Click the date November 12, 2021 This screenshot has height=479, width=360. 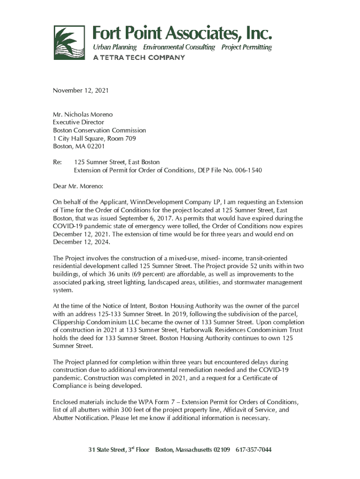pos(80,90)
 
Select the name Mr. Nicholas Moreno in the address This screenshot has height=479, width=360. pos(83,115)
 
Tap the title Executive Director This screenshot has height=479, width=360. pos(78,123)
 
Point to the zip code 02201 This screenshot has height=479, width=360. pos(89,146)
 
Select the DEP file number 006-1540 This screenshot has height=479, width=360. pos(248,170)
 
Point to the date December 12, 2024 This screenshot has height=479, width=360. pos(81,242)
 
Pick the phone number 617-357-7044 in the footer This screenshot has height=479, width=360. pos(253,450)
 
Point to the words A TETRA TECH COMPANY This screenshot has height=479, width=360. pos(139,58)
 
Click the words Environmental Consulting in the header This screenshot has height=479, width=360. pos(179,47)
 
